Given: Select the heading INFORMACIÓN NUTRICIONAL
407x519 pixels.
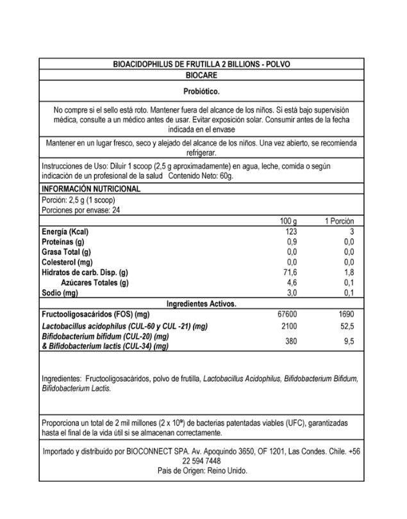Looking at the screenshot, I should click(x=90, y=189).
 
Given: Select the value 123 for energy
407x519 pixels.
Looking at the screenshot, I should click(x=292, y=231).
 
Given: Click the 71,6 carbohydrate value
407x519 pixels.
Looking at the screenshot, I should click(x=291, y=272).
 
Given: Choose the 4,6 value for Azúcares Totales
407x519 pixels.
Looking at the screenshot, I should click(x=292, y=283).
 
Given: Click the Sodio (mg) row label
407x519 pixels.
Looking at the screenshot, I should click(x=60, y=293).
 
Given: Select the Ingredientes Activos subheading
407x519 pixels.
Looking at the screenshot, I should click(x=201, y=303).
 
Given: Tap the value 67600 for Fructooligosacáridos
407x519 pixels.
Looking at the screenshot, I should click(x=288, y=315).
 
